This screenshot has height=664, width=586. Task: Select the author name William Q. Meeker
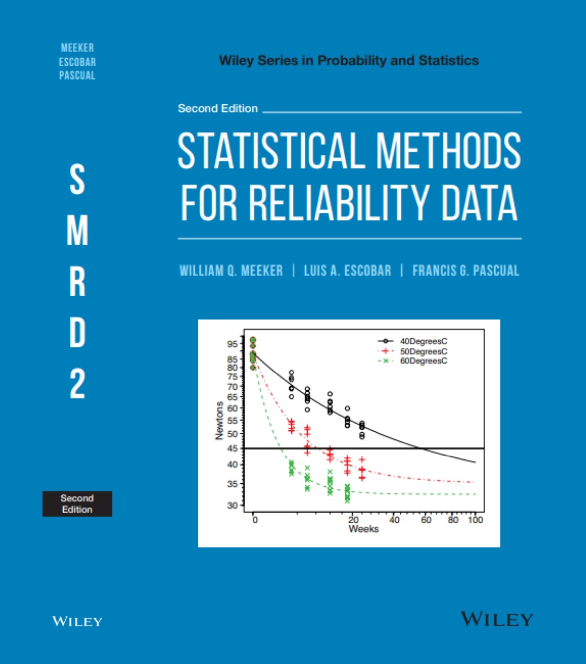click(231, 271)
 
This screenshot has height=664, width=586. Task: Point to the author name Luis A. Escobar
click(348, 271)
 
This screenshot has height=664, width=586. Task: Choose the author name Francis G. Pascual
click(465, 271)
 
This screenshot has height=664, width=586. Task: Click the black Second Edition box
click(77, 504)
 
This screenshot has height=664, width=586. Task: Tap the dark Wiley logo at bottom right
click(497, 619)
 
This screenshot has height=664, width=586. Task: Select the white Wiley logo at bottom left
click(77, 621)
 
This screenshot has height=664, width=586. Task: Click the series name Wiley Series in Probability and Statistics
click(349, 60)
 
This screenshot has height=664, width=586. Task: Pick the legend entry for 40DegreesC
click(423, 341)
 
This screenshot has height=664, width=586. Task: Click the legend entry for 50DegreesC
click(423, 351)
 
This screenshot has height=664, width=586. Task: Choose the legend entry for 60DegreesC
click(423, 361)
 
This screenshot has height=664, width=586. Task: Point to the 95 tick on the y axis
click(233, 344)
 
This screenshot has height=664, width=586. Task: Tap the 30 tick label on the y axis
click(233, 506)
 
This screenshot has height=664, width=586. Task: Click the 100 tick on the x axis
click(475, 520)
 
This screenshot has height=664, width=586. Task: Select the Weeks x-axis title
click(363, 529)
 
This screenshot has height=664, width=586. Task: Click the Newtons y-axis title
click(219, 421)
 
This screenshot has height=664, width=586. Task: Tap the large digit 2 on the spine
click(77, 384)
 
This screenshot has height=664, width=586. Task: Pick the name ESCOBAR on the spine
click(77, 62)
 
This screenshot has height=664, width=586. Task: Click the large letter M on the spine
click(77, 230)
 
